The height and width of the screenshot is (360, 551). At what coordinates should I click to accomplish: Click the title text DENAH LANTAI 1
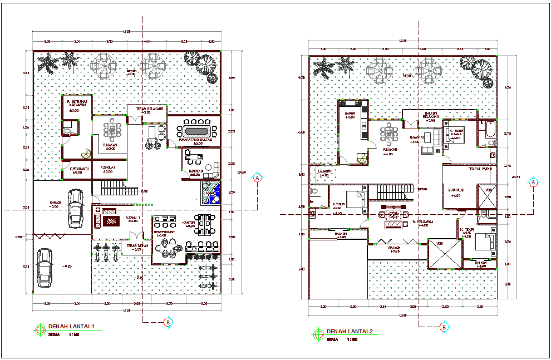click(x=74, y=326)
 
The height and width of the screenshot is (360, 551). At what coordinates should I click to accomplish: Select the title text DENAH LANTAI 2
click(x=352, y=332)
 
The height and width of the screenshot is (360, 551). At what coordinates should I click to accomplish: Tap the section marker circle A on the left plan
click(x=258, y=177)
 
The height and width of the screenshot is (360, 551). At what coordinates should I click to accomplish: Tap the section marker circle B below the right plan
click(x=444, y=327)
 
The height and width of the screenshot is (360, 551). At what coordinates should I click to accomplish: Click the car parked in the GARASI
click(x=74, y=208)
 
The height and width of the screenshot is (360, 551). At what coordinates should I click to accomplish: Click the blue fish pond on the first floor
click(x=211, y=193)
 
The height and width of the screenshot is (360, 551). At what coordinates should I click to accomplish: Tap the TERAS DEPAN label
click(x=136, y=246)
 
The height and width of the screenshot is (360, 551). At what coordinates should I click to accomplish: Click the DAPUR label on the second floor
click(x=350, y=114)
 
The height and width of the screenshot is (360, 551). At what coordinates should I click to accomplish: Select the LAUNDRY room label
click(x=323, y=172)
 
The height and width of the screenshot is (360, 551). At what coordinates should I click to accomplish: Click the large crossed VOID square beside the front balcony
click(x=444, y=254)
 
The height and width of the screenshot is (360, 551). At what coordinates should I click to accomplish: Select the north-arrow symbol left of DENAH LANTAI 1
click(x=40, y=329)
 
